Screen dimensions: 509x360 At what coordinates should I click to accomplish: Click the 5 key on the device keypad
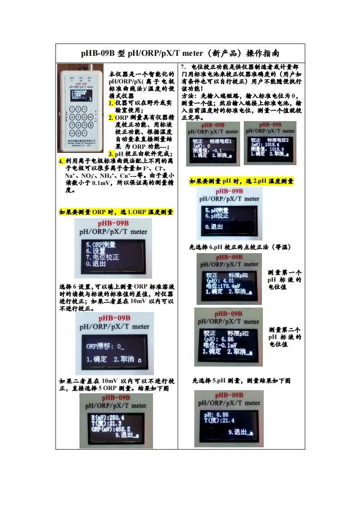point(79,117)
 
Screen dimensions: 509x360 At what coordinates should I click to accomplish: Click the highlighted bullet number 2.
point(111,117)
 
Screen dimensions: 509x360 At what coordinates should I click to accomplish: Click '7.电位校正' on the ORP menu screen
point(103,257)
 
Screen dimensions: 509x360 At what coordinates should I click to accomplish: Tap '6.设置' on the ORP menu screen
point(96,251)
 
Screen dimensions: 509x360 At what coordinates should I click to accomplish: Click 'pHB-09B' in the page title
point(98,54)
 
